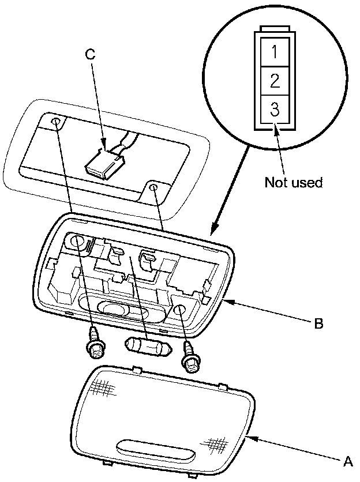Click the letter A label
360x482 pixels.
point(348,461)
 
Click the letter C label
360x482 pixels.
point(89,54)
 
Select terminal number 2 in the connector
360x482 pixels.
point(275,81)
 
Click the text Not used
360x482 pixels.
point(293,182)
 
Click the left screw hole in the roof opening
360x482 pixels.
point(55,122)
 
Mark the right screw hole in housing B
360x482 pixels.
point(179,312)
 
